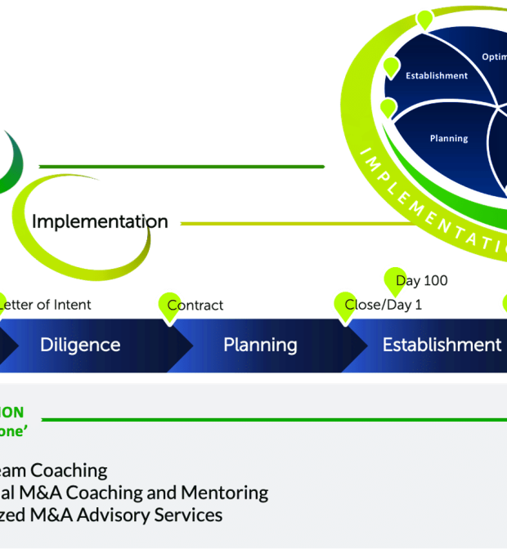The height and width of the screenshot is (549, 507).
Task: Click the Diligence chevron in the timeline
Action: point(80,345)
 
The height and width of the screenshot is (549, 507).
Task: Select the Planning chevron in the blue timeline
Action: point(260,345)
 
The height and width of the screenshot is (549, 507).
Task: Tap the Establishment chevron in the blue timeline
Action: point(442,345)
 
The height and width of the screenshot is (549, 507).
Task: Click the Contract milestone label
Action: point(196,306)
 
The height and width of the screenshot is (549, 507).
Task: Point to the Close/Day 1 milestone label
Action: point(384,306)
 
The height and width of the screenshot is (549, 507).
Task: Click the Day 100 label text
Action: point(422,281)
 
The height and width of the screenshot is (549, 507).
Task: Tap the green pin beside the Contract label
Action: point(169,303)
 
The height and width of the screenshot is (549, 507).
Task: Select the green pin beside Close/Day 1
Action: point(343,303)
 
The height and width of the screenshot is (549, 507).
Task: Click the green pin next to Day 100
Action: point(394,278)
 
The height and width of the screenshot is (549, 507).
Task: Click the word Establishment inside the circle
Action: point(437,76)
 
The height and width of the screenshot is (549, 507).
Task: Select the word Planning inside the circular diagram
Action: point(449,139)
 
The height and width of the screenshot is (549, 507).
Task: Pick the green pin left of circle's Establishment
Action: point(391,66)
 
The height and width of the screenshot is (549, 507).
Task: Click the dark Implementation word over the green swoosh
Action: point(101,221)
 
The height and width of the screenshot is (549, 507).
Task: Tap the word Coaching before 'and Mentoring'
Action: point(103,493)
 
